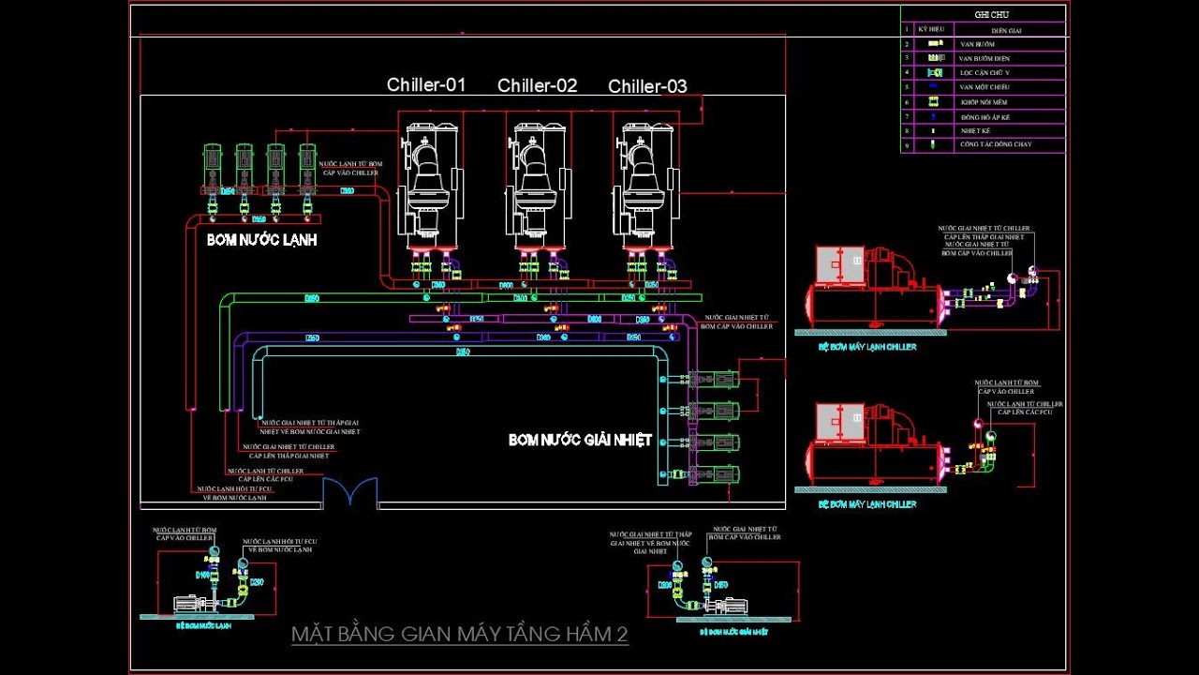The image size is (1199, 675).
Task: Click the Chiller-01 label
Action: coord(426,85)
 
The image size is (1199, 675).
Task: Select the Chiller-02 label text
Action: coord(537,86)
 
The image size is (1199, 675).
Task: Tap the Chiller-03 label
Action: coord(647,87)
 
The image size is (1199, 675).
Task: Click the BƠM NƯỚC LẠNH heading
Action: coord(261,240)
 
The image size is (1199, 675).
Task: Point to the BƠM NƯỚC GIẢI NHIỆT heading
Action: coord(580,440)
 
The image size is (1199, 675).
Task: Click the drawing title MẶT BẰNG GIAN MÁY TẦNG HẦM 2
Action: coord(459,635)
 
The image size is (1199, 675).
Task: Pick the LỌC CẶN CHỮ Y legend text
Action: coord(984,72)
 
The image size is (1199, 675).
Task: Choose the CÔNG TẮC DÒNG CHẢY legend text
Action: coord(995,144)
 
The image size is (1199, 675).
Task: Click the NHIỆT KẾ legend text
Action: coord(975,130)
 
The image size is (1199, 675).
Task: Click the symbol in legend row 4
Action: coord(934,72)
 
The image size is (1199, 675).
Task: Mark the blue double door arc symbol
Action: coord(350,491)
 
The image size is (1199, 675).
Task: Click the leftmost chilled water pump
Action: coord(213,169)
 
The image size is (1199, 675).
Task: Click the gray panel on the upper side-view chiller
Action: coord(840,264)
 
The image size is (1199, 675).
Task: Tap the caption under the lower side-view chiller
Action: coord(866,504)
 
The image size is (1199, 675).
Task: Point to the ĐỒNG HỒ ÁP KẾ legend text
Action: coord(984,116)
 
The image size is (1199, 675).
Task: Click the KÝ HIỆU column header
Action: coord(930,29)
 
